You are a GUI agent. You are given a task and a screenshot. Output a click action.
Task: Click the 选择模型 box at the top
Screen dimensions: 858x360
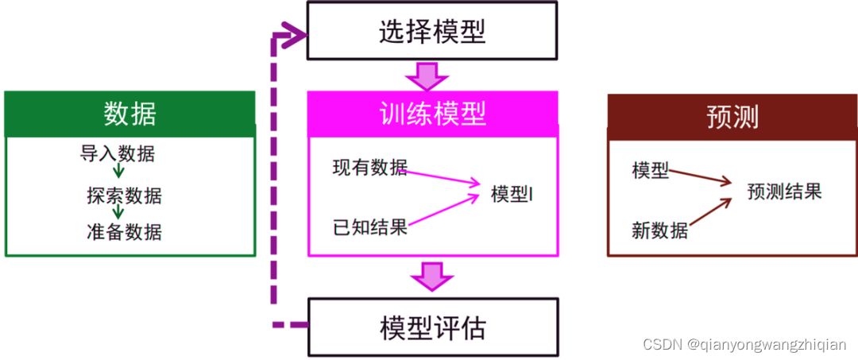(432, 33)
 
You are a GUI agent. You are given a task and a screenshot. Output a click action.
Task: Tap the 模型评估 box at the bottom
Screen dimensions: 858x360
(433, 327)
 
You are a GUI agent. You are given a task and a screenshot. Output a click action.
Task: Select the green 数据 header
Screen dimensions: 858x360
(130, 114)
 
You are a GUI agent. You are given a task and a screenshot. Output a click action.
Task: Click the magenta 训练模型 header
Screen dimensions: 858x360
(433, 114)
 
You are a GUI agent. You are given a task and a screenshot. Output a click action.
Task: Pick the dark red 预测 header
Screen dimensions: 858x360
(732, 116)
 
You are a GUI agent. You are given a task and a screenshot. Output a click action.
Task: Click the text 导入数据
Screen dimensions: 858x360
(118, 153)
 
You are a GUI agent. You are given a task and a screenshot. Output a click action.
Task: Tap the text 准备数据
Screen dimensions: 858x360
(124, 231)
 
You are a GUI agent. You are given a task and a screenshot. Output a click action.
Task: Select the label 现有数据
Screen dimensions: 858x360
(369, 167)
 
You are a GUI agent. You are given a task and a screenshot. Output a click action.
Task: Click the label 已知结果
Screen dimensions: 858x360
(369, 227)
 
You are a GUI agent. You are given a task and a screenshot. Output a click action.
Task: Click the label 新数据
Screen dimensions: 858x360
(659, 230)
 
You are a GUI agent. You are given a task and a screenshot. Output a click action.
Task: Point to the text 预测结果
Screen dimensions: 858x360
(784, 192)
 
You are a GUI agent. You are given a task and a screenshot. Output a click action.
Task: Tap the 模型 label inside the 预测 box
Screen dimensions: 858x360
(651, 169)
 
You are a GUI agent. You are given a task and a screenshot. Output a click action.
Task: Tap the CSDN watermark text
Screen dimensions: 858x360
(744, 344)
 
